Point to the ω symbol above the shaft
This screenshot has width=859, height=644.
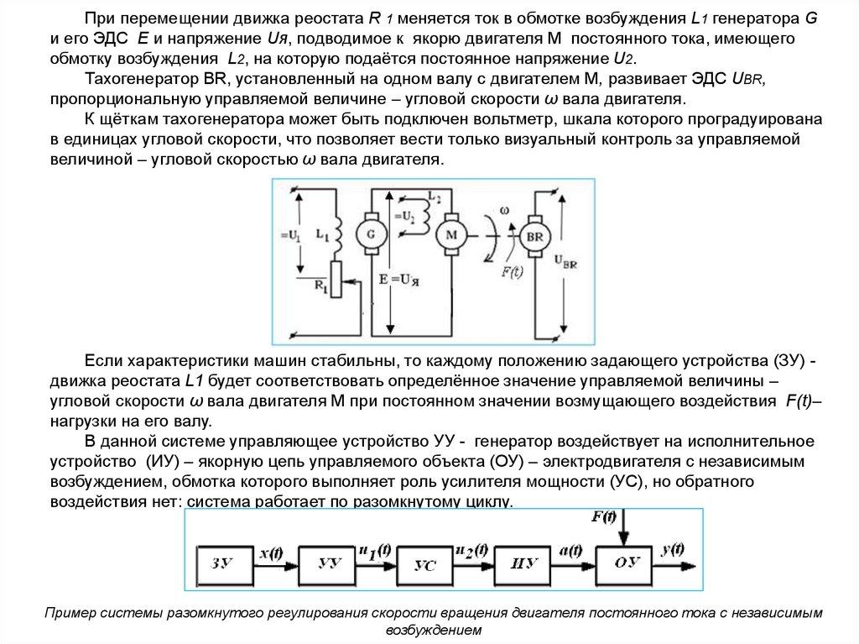(x=503, y=212)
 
